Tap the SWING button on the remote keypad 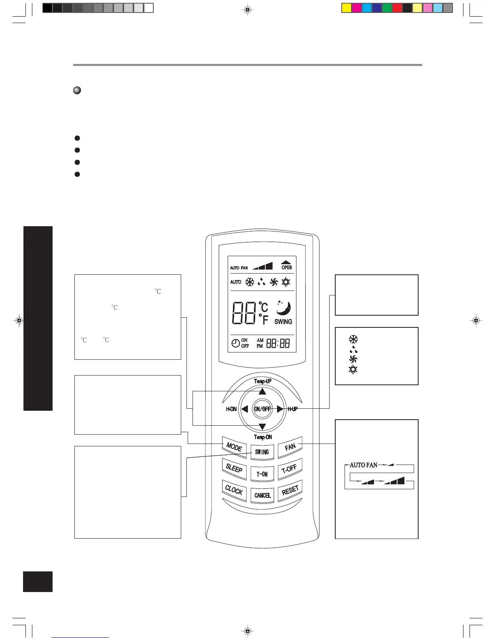[262, 452]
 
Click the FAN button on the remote [290, 447]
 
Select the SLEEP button [234, 469]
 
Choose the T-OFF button [289, 469]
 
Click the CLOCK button [234, 490]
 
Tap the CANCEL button [262, 495]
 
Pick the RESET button [290, 490]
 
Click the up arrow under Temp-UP [262, 391]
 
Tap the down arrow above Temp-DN [262, 427]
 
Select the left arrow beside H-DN [244, 409]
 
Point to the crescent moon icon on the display [283, 308]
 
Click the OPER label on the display [286, 267]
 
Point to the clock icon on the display [235, 344]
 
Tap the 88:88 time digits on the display [278, 344]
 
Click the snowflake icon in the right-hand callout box [353, 339]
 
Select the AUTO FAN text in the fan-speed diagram [363, 465]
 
